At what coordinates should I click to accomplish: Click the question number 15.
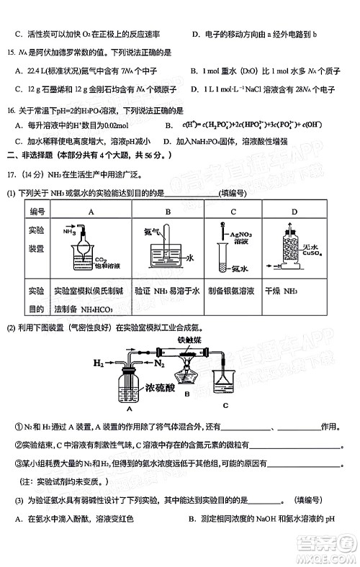(10, 53)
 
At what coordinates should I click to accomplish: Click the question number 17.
(12, 175)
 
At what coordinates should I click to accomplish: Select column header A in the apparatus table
(91, 212)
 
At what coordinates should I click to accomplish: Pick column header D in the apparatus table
(294, 212)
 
